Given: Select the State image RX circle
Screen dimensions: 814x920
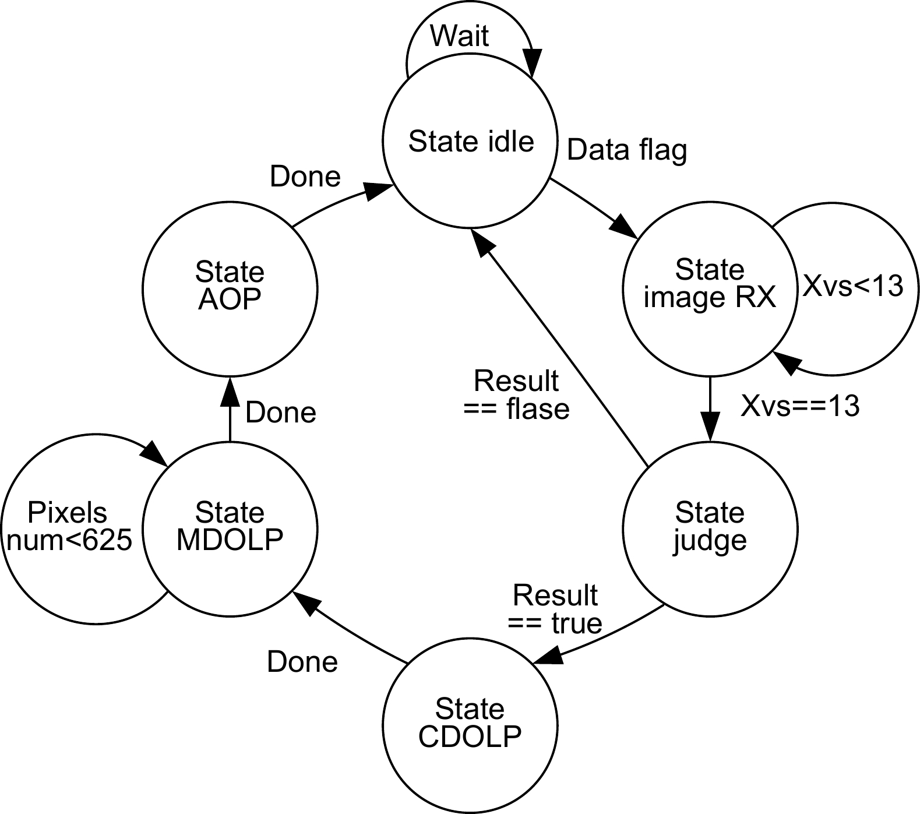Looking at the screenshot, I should [710, 288].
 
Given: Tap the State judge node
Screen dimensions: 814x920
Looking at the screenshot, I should [710, 528].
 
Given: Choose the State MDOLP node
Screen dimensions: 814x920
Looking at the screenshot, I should [230, 528].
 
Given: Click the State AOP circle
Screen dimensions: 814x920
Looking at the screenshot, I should [230, 288].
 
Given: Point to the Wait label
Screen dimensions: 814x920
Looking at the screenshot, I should [459, 36].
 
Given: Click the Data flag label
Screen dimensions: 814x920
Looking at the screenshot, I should [627, 150].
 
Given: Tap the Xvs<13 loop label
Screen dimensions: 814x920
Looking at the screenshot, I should [852, 286].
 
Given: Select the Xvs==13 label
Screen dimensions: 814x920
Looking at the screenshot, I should [800, 406].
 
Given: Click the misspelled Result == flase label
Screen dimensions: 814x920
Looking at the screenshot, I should [516, 395].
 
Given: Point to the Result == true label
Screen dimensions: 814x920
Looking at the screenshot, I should [555, 609].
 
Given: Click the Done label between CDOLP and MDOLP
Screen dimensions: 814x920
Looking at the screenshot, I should [302, 663].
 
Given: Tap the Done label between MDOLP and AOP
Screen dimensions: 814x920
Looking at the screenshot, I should [281, 413].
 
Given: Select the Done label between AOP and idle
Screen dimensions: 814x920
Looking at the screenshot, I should [305, 177].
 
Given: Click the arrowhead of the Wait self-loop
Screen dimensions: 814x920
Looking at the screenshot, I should [532, 64].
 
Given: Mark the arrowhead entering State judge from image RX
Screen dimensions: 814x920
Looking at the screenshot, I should [710, 429].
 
